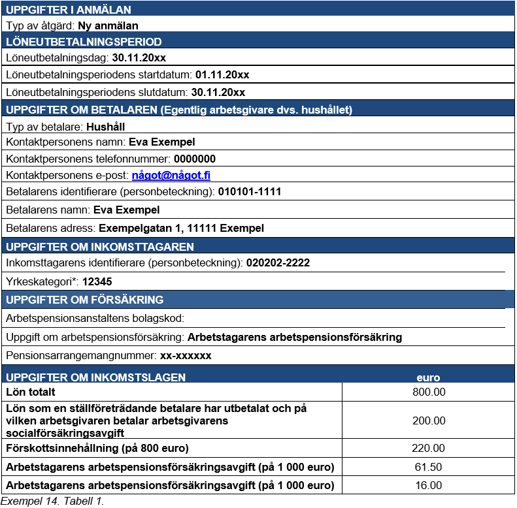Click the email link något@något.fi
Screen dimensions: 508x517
(171, 176)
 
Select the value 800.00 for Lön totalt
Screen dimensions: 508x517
(429, 392)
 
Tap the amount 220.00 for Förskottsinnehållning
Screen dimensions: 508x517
(429, 448)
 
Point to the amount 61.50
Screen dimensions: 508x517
(429, 467)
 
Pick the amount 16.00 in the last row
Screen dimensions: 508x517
(429, 485)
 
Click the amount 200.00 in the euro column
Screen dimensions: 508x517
(429, 421)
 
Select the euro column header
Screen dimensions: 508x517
(429, 377)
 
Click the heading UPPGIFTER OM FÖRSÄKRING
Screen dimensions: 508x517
(84, 300)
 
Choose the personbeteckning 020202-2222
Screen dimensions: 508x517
(278, 263)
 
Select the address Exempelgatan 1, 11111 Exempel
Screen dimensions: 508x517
(181, 229)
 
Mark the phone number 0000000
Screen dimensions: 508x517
(194, 159)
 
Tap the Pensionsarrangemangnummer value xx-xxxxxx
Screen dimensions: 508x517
(186, 356)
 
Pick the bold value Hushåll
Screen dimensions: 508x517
(105, 127)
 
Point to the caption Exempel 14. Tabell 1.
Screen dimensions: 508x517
(52, 501)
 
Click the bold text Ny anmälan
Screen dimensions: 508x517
(108, 27)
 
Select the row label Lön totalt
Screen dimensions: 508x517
(30, 392)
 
